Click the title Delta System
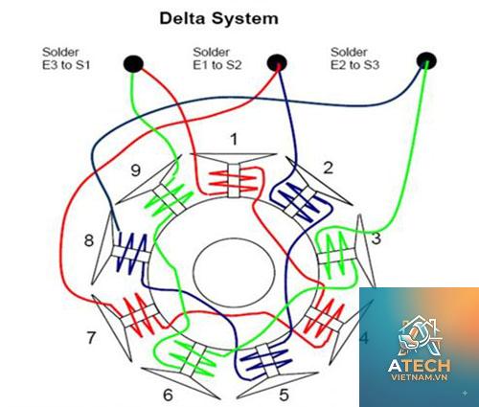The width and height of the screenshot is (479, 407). [218, 18]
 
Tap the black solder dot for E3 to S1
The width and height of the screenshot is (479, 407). [133, 63]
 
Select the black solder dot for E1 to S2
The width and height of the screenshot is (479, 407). [277, 62]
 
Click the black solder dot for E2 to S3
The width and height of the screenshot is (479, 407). [426, 61]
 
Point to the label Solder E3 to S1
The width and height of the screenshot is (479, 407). [66, 58]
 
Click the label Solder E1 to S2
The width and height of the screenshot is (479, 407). [217, 58]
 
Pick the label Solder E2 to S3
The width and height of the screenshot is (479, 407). [354, 58]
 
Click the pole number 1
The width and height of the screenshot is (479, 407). [234, 140]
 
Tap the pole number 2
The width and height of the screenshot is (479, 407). [328, 168]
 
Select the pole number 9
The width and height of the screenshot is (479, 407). [136, 170]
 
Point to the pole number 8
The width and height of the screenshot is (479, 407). [89, 240]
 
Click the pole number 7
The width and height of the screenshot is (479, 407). [91, 338]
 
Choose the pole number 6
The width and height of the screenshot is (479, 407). [168, 396]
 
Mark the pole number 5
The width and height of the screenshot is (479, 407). [284, 395]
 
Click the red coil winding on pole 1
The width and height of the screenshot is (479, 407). [233, 181]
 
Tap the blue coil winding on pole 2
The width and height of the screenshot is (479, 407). [300, 201]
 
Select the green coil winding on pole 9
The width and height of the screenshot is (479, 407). [169, 200]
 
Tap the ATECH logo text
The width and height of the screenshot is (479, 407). [420, 366]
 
